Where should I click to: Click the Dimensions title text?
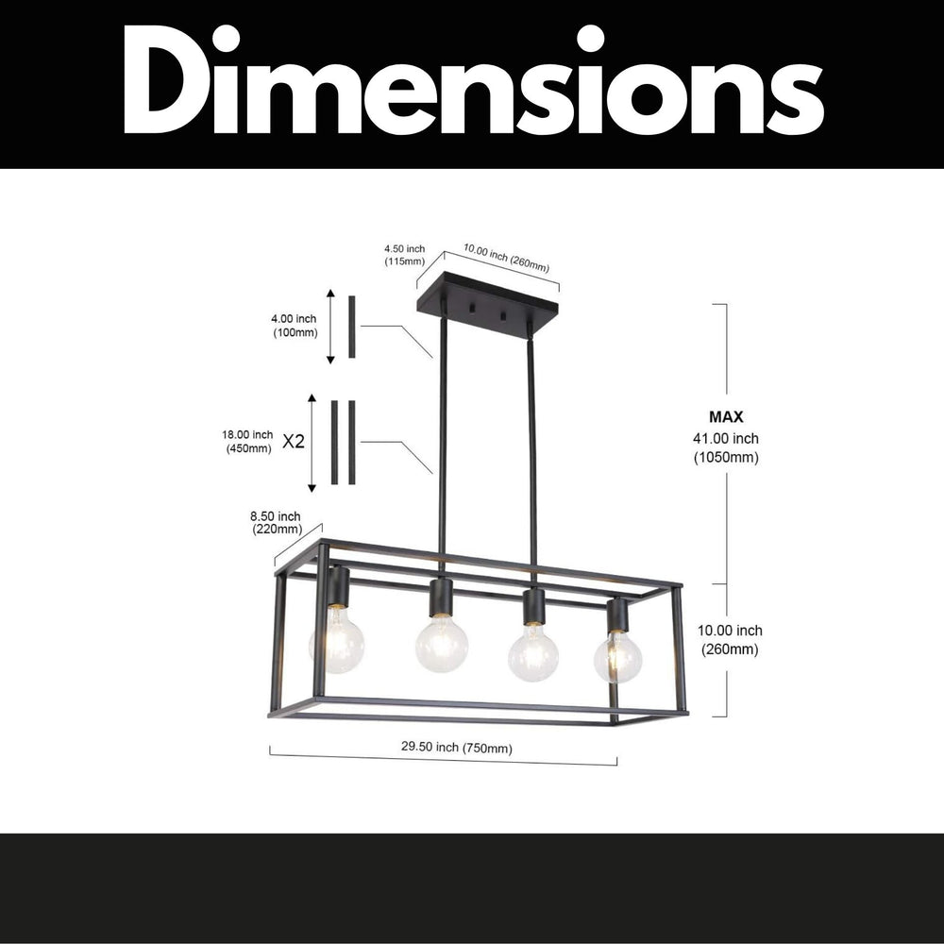click(472, 83)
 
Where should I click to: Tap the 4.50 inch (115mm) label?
click(404, 254)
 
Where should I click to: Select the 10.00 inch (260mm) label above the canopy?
click(505, 259)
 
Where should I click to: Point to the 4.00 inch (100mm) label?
click(295, 326)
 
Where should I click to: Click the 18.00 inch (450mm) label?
click(248, 441)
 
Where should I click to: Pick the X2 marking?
click(295, 441)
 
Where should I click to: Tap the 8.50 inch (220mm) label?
click(276, 522)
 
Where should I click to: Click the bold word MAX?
click(726, 416)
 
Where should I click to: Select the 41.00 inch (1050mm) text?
click(726, 447)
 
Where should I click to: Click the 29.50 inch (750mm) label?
click(456, 748)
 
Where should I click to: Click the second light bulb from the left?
click(442, 645)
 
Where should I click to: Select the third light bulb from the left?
click(533, 652)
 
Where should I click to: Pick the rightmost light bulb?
click(617, 655)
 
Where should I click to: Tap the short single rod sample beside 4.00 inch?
click(352, 327)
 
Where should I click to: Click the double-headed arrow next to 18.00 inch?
click(312, 444)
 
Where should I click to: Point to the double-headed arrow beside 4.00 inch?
click(330, 327)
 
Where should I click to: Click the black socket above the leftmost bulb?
click(339, 587)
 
